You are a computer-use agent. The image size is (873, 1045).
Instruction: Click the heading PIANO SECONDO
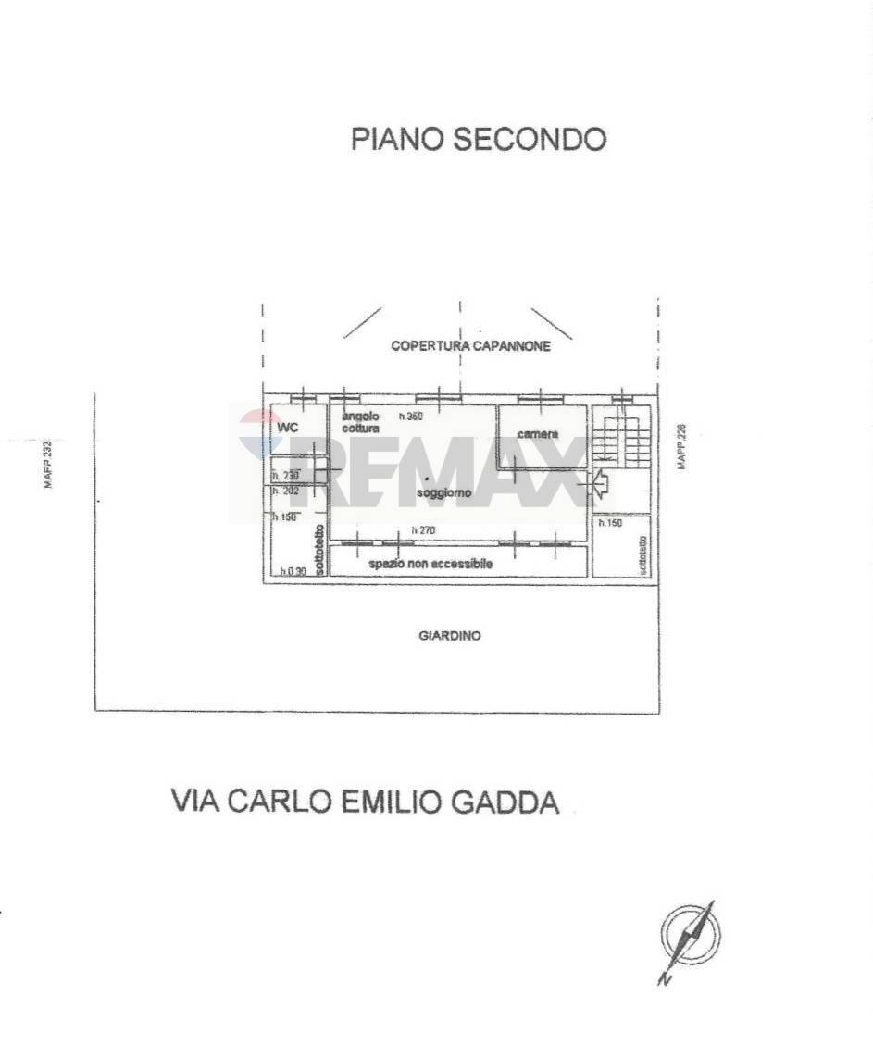479,139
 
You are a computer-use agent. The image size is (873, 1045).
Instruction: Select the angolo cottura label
360,423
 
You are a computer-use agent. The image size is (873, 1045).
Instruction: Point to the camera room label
538,434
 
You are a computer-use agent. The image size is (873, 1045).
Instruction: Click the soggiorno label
443,493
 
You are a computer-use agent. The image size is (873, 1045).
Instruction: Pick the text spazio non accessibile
430,564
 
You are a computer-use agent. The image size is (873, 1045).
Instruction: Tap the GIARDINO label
450,636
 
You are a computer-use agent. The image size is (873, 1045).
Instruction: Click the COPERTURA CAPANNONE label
470,346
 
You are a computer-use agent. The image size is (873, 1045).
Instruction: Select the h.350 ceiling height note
410,417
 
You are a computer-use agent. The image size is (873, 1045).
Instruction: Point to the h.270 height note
423,531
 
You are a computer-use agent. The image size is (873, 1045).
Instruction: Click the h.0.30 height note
293,572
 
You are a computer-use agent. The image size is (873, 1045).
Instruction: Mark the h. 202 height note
284,491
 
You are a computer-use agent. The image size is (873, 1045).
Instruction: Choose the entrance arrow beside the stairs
598,481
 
